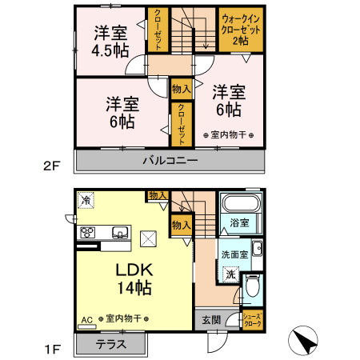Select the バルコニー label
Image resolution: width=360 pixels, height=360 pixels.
[170, 160]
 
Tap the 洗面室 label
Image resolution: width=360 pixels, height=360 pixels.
[233, 254]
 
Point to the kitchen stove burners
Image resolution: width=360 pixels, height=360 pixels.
[88, 233]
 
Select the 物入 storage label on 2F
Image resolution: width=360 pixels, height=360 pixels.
[179, 89]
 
